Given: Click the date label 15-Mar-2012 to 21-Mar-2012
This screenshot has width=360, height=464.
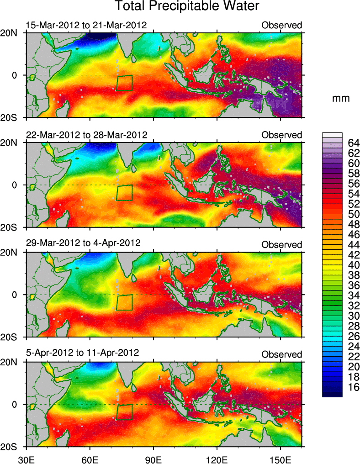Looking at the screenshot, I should pyautogui.click(x=86, y=25).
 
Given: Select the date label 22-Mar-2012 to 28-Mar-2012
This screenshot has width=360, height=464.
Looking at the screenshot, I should pyautogui.click(x=86, y=135).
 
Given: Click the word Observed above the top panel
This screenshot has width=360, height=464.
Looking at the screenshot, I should pyautogui.click(x=281, y=26).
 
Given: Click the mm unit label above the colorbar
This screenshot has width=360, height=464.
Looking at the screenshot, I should pyautogui.click(x=340, y=98).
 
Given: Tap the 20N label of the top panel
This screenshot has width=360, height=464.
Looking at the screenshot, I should pyautogui.click(x=12, y=33).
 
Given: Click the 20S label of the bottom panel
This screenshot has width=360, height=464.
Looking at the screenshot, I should pyautogui.click(x=12, y=447).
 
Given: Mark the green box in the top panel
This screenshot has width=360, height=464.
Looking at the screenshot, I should pyautogui.click(x=124, y=83).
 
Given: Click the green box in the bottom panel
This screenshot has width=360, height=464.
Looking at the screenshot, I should pyautogui.click(x=124, y=412).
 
